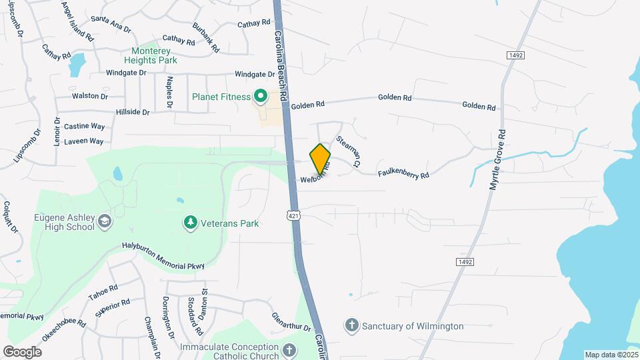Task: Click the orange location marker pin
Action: tap(320, 159)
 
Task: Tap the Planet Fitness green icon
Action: tap(261, 97)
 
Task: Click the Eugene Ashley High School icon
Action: tap(104, 221)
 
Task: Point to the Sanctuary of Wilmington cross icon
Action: tap(351, 326)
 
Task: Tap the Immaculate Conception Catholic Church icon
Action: tap(289, 349)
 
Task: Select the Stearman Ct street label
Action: tap(349, 151)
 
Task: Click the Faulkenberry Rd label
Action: tap(403, 173)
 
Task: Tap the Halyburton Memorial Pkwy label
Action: tap(163, 255)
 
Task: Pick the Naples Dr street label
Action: tap(169, 93)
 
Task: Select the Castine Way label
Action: tap(85, 126)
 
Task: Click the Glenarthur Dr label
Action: tap(291, 322)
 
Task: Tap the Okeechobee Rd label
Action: tap(64, 331)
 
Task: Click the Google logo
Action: tap(23, 351)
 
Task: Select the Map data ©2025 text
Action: tap(611, 355)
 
